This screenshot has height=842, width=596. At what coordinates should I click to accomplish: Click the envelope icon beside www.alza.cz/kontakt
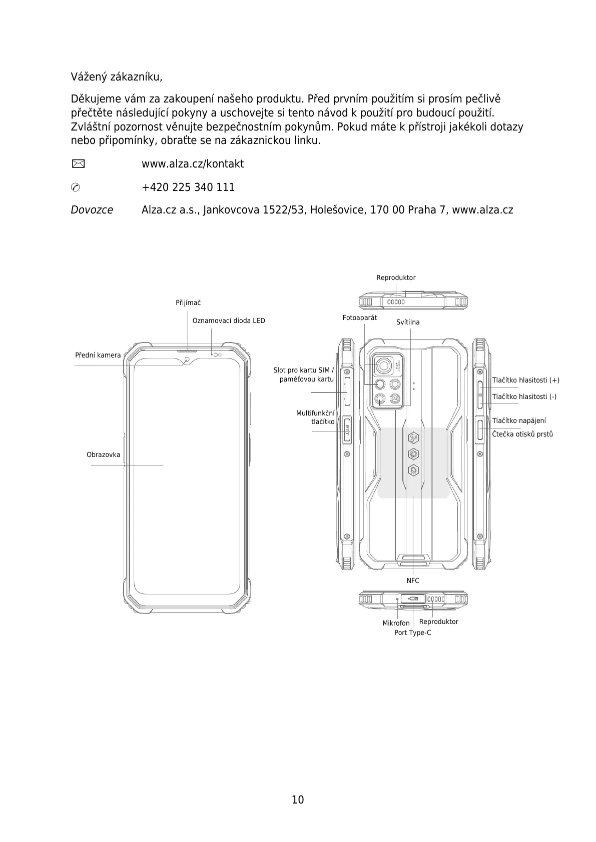point(78,163)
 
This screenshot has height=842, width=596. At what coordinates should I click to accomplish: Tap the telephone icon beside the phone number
point(76,187)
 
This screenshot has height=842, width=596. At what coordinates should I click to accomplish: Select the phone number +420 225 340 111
point(188,187)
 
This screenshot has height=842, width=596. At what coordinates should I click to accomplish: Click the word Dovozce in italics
point(92,210)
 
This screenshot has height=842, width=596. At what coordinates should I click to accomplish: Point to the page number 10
point(298,799)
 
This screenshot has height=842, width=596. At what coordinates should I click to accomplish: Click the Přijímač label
point(188,303)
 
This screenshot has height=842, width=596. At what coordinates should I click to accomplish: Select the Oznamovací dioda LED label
point(229,320)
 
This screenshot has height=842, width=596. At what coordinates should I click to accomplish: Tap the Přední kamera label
point(98,355)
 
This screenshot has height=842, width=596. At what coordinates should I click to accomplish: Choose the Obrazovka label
point(104,455)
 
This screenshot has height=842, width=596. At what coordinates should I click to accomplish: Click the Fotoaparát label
point(360,318)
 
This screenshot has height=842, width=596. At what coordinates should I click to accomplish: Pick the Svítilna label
point(408,322)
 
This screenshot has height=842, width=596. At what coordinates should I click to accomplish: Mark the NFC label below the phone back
point(413,580)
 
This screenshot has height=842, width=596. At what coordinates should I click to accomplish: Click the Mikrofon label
point(396,623)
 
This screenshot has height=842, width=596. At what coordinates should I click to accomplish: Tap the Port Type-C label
point(413,633)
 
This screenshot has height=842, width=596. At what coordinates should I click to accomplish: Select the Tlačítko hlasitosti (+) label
point(526,380)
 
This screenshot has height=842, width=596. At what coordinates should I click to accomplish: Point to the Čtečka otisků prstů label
point(522,434)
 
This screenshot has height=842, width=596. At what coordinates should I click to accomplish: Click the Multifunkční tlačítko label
point(316,417)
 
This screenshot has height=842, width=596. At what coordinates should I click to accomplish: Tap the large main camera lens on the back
point(384,366)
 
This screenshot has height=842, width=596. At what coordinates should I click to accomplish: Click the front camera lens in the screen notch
point(188,359)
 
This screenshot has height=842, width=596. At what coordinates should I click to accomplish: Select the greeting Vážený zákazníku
point(117,77)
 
